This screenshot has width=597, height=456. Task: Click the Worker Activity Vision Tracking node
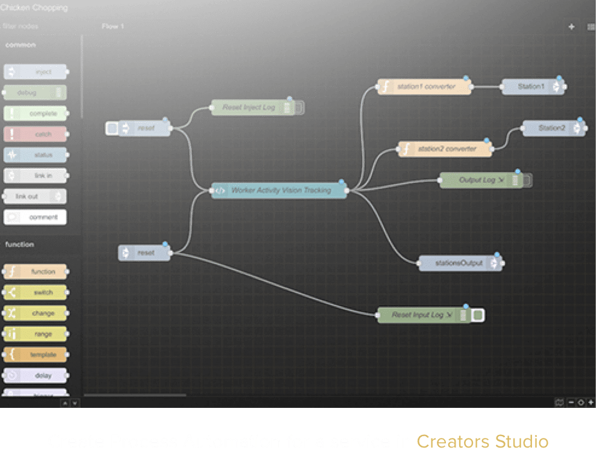(x=280, y=191)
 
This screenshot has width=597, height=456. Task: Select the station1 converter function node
(x=425, y=87)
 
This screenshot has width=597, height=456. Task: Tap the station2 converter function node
(x=445, y=149)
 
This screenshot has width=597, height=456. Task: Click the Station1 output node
(x=531, y=87)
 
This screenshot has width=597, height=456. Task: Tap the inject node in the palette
(x=36, y=72)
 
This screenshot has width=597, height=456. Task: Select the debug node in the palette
(x=35, y=93)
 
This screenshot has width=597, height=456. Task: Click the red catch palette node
(x=35, y=134)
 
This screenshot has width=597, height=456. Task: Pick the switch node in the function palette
(x=36, y=292)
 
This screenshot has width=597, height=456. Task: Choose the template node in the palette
(x=36, y=355)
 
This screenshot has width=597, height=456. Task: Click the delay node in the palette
(x=36, y=376)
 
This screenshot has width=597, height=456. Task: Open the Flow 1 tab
(x=113, y=26)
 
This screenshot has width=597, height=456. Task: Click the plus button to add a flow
(x=571, y=27)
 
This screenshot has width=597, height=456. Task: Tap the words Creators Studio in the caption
(x=482, y=442)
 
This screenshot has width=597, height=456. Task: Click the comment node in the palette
(x=36, y=217)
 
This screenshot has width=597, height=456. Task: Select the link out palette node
(x=35, y=197)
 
